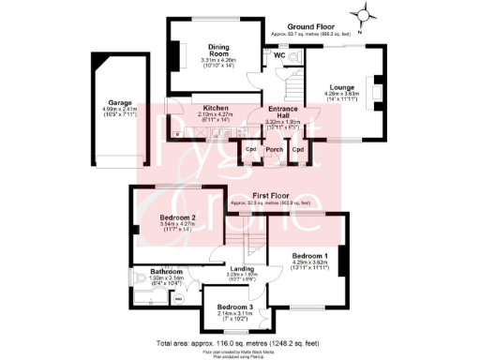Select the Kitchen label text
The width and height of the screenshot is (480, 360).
click(x=216, y=108)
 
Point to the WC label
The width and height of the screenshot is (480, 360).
click(x=279, y=55)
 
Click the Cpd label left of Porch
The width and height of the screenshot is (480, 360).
click(x=251, y=148)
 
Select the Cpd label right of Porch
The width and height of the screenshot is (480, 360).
click(x=298, y=148)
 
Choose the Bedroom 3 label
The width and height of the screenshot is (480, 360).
click(x=235, y=307)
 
